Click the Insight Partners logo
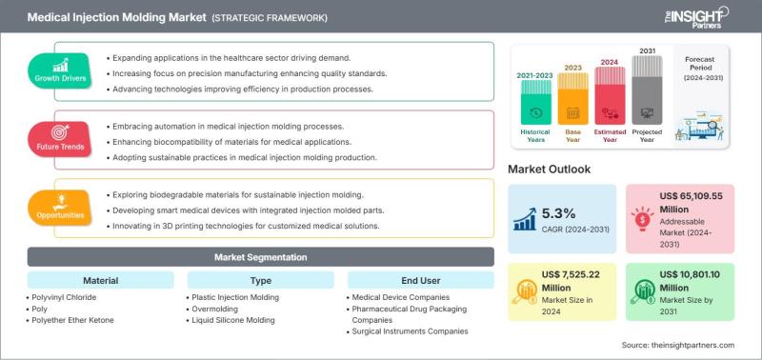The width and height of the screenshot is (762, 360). pos(696,17)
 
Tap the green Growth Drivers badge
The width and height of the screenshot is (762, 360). pos(60,70)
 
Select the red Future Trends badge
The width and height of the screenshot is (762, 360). pos(60,139)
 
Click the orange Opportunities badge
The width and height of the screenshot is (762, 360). pos(60,208)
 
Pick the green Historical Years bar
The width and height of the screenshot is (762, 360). pos(536,102)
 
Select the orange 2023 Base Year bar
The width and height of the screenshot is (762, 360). pos(573,99)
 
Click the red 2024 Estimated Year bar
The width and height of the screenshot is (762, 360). pos(610,95)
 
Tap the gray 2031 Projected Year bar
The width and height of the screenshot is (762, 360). pos(647,90)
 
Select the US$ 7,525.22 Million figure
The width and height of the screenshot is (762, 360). pos(571,281)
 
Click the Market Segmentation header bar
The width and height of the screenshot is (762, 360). pos(260,256)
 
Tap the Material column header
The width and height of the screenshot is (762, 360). pos(101,280)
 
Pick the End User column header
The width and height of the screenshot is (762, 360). pos(421,280)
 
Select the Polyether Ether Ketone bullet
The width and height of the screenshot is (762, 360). pos(70,320)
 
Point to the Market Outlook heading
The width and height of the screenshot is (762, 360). pos(550,170)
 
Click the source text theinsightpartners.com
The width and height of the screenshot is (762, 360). pos(678,345)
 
